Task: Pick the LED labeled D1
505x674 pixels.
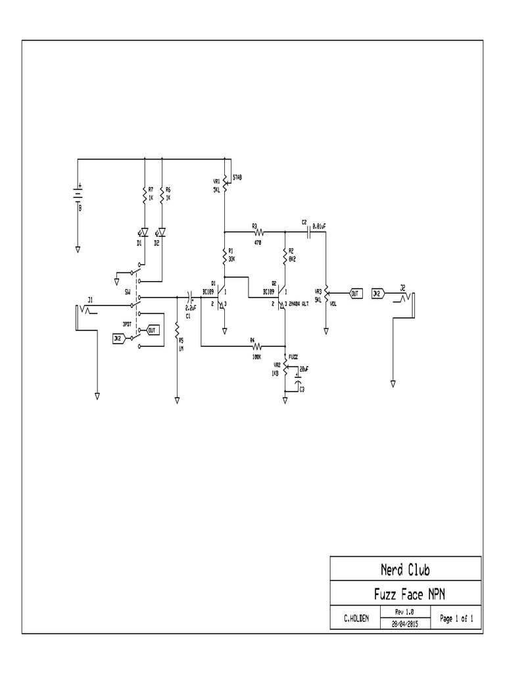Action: click(144, 232)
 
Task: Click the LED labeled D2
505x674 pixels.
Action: click(162, 232)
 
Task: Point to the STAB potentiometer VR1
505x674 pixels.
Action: click(225, 181)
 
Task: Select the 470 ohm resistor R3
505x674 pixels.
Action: click(258, 232)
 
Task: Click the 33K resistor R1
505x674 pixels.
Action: click(225, 255)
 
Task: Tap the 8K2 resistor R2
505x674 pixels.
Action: click(285, 255)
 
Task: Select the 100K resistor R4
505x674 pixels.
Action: click(257, 346)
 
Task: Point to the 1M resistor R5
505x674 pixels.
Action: click(178, 335)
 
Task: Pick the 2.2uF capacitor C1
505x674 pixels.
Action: click(189, 297)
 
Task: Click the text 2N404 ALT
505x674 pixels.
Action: click(298, 304)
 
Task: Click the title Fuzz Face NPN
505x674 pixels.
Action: click(405, 594)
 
